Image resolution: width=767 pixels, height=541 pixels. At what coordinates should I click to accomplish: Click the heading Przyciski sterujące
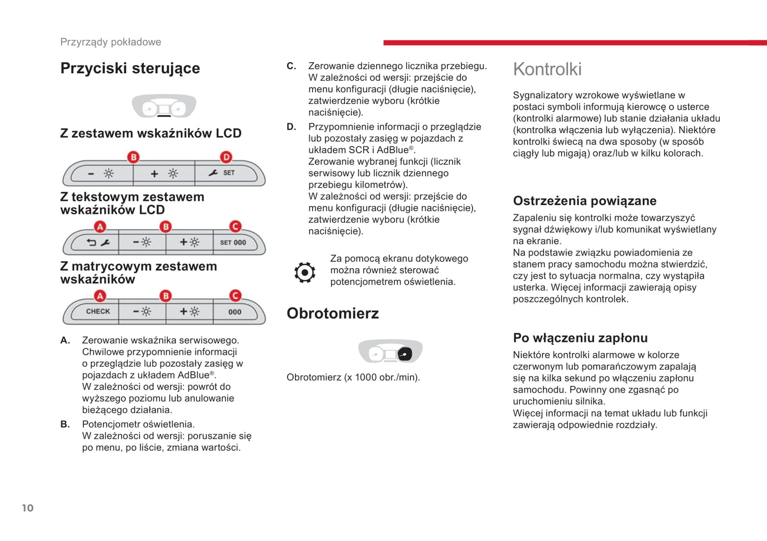(130, 68)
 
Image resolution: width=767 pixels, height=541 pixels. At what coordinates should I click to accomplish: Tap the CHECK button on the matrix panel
(98, 312)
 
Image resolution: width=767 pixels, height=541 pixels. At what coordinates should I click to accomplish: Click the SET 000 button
(233, 243)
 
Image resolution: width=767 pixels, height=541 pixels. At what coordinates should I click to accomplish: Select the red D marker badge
(226, 157)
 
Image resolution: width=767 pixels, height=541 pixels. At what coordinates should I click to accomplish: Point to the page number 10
(28, 508)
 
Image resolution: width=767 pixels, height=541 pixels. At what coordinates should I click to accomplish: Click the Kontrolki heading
(547, 69)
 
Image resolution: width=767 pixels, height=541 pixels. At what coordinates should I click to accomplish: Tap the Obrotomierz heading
(333, 313)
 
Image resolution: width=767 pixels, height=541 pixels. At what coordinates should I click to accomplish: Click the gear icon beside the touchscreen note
(305, 272)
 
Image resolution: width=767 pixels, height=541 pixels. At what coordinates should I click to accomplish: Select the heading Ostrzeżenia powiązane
(584, 201)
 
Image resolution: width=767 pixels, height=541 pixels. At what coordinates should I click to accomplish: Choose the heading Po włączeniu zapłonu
(580, 338)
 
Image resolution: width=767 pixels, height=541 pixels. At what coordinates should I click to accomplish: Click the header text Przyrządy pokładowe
(110, 42)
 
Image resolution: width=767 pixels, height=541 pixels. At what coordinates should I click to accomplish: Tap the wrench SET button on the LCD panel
(222, 173)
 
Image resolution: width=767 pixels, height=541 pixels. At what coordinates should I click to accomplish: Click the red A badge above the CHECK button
(100, 296)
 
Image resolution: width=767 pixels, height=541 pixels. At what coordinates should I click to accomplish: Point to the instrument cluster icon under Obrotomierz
(390, 351)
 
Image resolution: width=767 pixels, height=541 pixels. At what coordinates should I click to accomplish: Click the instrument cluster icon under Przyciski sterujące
(164, 106)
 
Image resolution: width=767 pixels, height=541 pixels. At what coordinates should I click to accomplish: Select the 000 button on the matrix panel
(235, 312)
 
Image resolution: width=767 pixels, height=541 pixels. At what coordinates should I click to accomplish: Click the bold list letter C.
(291, 66)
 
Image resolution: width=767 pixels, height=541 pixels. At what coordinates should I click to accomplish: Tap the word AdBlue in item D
(392, 150)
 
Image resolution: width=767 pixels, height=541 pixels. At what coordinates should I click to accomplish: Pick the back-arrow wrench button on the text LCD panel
(98, 243)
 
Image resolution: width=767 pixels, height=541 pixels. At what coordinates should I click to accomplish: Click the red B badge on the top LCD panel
(134, 157)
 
